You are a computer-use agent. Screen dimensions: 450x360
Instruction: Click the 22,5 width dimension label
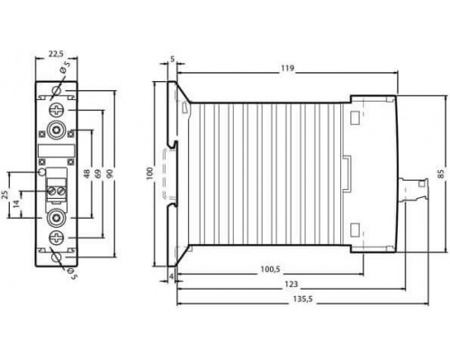pos(56,54)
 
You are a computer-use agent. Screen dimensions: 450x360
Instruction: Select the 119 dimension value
pos(287,68)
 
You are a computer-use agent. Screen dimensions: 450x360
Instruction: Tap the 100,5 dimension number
pos(270,269)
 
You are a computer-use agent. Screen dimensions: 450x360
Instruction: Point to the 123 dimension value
pos(292,284)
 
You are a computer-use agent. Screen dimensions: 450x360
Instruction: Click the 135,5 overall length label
pos(302,299)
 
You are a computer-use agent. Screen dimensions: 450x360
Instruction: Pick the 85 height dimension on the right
pos(441,174)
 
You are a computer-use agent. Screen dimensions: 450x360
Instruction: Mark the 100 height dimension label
pos(149,174)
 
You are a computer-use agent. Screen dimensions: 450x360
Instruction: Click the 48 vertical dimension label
pos(87,174)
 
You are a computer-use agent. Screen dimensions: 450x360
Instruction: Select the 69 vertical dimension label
pos(98,174)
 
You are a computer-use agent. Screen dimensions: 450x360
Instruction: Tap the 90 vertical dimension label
pos(110,174)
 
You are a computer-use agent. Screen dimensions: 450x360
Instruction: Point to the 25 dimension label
pos(5,194)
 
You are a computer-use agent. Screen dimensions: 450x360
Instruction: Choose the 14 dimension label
pos(17,203)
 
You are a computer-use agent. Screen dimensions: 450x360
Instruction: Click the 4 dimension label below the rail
pos(171,276)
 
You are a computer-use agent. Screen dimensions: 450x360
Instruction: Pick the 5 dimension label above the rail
pos(172,59)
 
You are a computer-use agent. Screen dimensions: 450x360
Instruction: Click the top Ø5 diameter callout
pos(65,67)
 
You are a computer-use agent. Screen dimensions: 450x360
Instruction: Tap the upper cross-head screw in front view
pos(57,109)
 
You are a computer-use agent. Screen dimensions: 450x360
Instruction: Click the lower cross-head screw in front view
pos(57,238)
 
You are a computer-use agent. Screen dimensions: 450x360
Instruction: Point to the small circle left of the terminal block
pos(42,172)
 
